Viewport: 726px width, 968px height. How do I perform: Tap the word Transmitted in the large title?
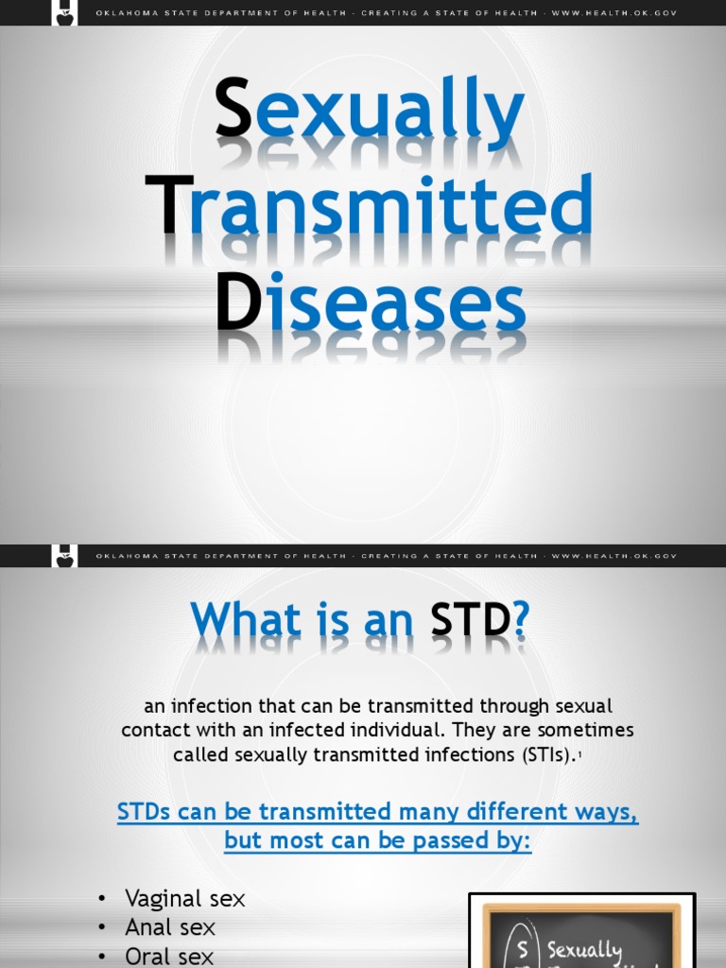coord(369,205)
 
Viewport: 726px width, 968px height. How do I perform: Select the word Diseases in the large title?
coord(371,304)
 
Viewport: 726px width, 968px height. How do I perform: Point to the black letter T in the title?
coord(169,205)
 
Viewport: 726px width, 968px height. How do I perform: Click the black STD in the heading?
coord(470,620)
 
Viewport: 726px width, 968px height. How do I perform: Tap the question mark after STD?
coord(520,620)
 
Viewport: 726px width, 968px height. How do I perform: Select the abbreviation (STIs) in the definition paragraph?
coord(536,755)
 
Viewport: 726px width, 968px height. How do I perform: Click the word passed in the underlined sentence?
coord(440,840)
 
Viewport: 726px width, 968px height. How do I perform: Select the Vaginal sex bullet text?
coord(184,898)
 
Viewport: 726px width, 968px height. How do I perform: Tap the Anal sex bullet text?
coord(170,927)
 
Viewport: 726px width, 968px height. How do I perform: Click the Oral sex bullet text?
coord(169,956)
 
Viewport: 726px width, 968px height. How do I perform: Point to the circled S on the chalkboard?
coord(521,947)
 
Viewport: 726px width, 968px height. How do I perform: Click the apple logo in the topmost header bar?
coord(65,13)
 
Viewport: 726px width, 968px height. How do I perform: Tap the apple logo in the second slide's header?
coord(65,557)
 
